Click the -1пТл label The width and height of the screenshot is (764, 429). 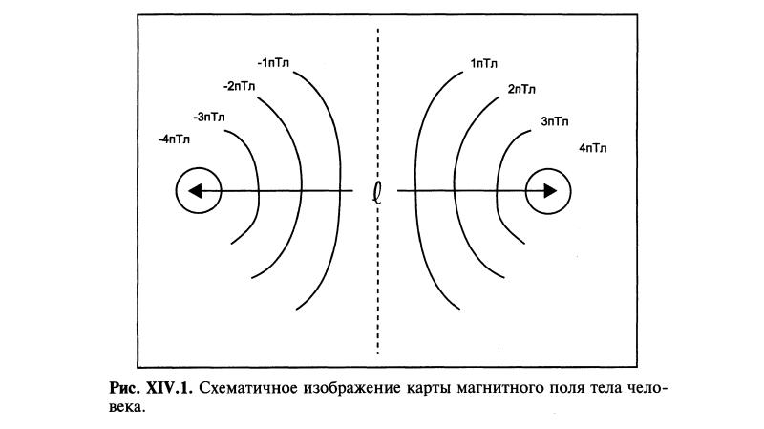tap(273, 63)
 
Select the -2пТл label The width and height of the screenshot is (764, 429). tap(239, 87)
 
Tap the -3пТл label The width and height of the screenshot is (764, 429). tap(209, 118)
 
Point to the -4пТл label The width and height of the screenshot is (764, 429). tap(174, 139)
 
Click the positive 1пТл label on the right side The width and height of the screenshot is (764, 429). tap(482, 64)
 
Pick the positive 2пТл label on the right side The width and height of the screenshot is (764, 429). tap(521, 89)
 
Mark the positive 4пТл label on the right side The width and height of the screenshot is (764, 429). tap(593, 148)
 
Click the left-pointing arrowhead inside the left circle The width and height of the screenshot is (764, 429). tap(194, 192)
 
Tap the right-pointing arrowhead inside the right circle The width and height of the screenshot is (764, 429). tap(550, 191)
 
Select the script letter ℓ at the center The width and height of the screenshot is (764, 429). tap(378, 192)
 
